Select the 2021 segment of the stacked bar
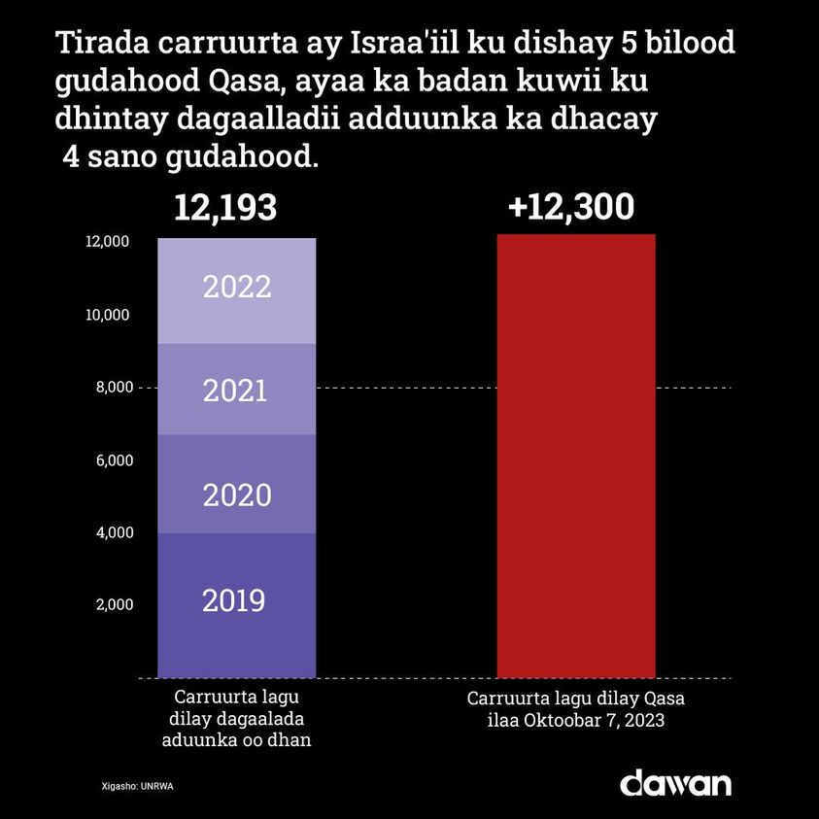(237, 391)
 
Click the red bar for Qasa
(576, 457)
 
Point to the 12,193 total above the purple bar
(225, 208)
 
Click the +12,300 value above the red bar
(572, 207)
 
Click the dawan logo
(676, 783)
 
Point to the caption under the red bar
(567, 708)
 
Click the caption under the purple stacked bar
(236, 718)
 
